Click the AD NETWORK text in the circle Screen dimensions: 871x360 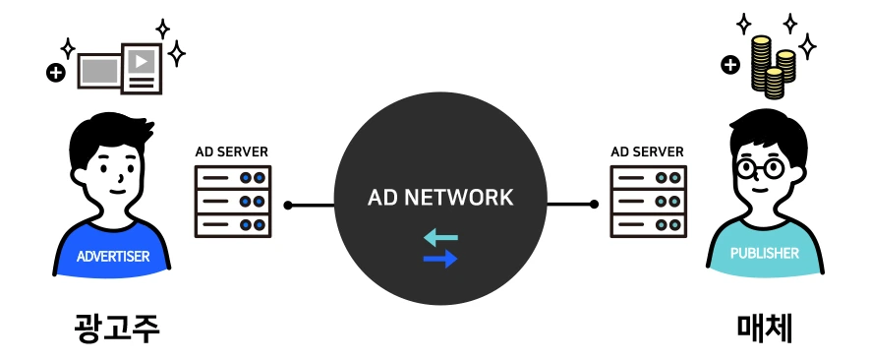point(440,198)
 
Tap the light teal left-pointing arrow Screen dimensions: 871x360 point(441,238)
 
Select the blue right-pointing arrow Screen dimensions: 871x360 point(440,259)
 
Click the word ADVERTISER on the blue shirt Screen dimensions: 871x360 point(113,257)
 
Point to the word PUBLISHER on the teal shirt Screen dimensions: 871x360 point(765,254)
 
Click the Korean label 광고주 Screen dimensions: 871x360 point(117,329)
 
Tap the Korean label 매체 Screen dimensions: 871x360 point(765,329)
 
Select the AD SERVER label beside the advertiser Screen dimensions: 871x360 point(232,152)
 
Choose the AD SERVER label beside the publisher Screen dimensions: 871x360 point(647,152)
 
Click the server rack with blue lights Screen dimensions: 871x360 point(233,201)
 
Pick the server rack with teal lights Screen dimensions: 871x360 point(648,201)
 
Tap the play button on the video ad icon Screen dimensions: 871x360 point(142,61)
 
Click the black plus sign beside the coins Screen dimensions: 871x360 point(730,66)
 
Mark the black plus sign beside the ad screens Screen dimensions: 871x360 point(56,72)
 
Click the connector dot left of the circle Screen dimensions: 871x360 point(288,206)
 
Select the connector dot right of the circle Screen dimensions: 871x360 point(594,205)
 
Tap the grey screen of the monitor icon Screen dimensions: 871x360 point(100,71)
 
